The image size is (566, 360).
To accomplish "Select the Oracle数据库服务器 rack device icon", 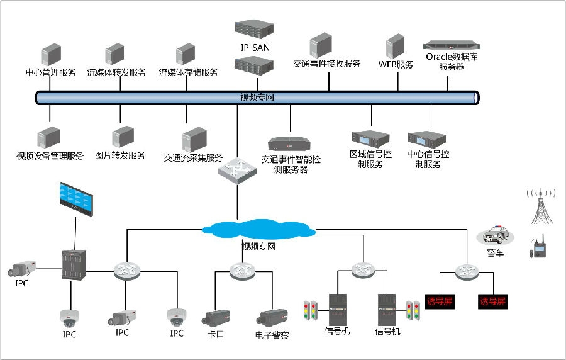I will tap(452, 45).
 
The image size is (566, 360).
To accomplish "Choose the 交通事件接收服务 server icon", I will tap(320, 47).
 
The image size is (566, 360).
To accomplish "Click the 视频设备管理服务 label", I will tap(50, 156).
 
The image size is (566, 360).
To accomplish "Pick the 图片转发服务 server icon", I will tap(123, 137).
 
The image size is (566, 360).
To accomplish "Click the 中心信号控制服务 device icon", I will tap(427, 140).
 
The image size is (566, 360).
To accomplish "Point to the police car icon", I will tap(495, 237).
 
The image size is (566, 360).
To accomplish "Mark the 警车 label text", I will tap(495, 252).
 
